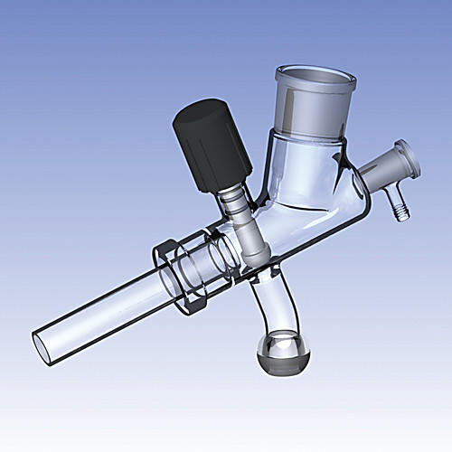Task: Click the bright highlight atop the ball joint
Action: tap(279, 344)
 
